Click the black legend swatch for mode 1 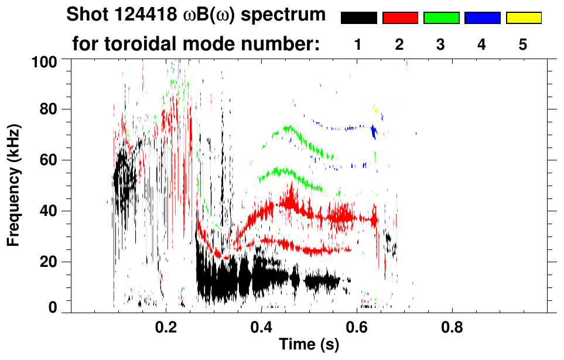click(358, 18)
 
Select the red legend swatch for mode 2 click(400, 18)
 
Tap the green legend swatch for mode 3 click(441, 18)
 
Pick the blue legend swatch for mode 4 click(482, 18)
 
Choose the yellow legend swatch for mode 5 click(524, 18)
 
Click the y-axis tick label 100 click(44, 61)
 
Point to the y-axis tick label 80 click(47, 110)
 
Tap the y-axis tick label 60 click(47, 160)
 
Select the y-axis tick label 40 click(47, 211)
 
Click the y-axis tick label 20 click(47, 262)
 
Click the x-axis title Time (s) click(308, 345)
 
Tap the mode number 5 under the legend click(523, 44)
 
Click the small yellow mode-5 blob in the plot click(376, 109)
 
